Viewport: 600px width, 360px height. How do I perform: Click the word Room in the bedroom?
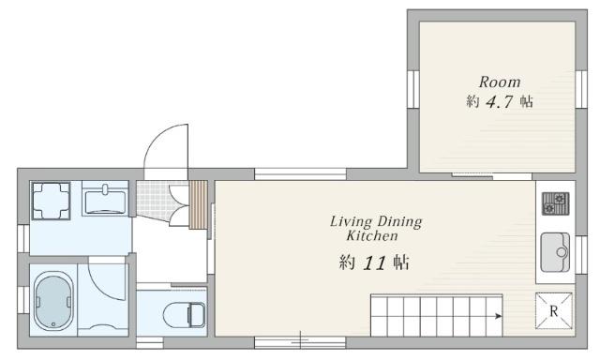click(x=500, y=82)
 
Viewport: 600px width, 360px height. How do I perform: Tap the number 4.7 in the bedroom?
click(x=499, y=102)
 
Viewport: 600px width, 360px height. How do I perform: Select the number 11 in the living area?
click(x=374, y=263)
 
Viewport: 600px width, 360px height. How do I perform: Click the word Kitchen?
click(x=372, y=235)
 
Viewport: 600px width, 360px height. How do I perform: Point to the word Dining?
click(x=399, y=222)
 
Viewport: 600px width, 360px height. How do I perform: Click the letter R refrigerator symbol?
click(x=554, y=311)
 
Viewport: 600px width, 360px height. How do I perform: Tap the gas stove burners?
click(x=555, y=203)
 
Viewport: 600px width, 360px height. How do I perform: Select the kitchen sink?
click(x=555, y=252)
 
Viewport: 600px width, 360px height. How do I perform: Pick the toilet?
click(x=185, y=315)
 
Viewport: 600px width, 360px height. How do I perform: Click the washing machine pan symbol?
click(x=51, y=201)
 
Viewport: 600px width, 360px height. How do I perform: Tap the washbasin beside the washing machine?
click(x=104, y=199)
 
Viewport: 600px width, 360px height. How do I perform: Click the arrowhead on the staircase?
click(x=498, y=316)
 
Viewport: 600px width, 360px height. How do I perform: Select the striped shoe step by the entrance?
click(x=198, y=204)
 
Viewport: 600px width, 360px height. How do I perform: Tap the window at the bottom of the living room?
click(x=300, y=342)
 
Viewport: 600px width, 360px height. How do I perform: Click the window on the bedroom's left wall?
click(x=413, y=89)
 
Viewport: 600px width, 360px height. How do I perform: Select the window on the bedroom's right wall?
click(x=581, y=89)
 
